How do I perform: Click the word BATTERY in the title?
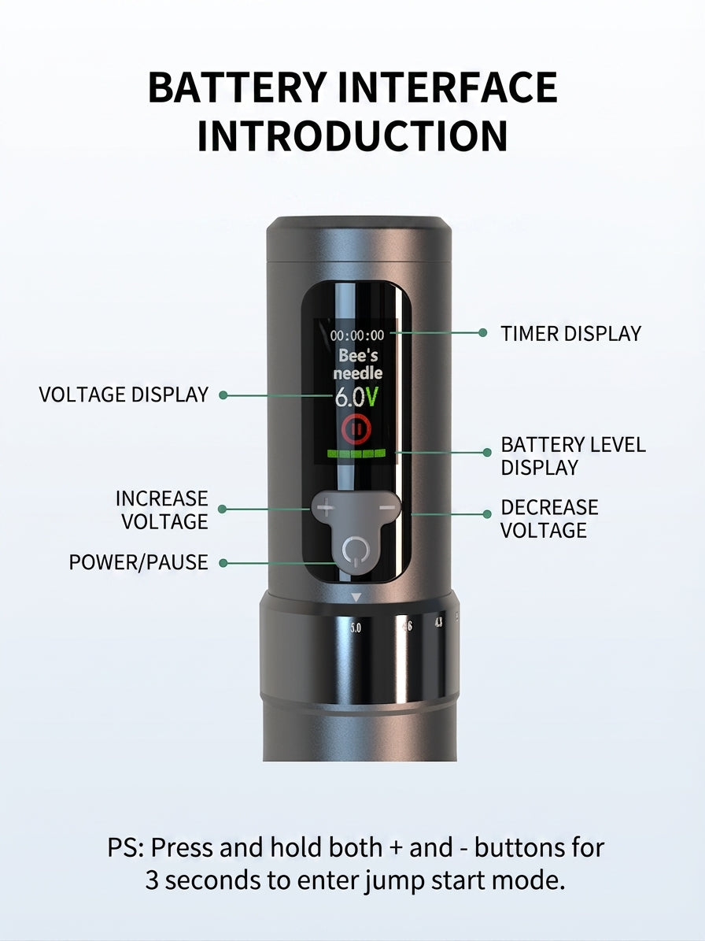click(238, 87)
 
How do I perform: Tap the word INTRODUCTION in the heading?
click(352, 136)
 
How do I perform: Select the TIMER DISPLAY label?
click(570, 334)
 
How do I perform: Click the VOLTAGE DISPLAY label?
click(124, 395)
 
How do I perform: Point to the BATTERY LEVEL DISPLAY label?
click(573, 456)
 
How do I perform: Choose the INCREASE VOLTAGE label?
click(162, 510)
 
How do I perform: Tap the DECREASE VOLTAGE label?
click(549, 518)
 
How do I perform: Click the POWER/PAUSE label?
click(138, 562)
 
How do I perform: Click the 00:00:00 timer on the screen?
click(357, 335)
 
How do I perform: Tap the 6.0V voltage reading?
click(356, 398)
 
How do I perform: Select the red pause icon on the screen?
click(356, 429)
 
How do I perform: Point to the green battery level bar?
click(357, 454)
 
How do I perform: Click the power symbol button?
click(355, 550)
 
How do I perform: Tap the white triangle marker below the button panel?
click(356, 598)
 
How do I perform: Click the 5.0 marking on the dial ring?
click(356, 628)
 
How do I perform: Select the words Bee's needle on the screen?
click(358, 365)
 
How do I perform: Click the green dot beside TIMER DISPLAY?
click(482, 332)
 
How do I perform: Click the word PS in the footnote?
click(122, 848)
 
